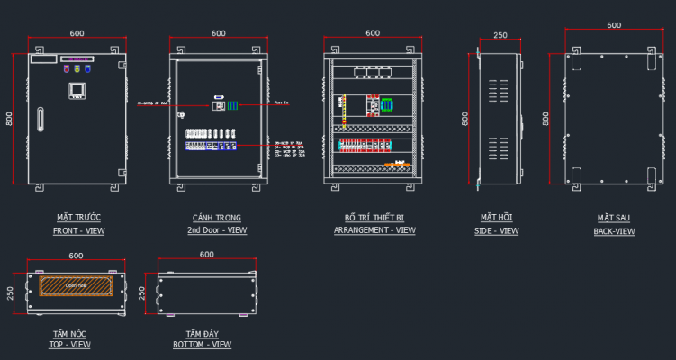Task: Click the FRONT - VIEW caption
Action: pos(78,231)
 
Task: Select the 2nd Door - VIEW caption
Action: pos(217,231)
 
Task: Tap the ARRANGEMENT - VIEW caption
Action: pos(374,231)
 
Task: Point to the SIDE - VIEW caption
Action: pos(496,231)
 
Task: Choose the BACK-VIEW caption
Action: pos(613,231)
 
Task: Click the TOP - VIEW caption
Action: pos(69,345)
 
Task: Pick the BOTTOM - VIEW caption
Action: pos(202,345)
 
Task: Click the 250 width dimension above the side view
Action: pos(500,36)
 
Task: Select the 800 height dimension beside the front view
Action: pos(10,118)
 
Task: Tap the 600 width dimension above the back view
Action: pos(614,25)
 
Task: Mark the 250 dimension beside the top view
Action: pos(10,294)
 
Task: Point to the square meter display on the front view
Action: pos(77,90)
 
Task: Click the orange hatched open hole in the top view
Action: pos(76,285)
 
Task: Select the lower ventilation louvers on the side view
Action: pos(492,148)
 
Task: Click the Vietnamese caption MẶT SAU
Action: pos(613,218)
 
